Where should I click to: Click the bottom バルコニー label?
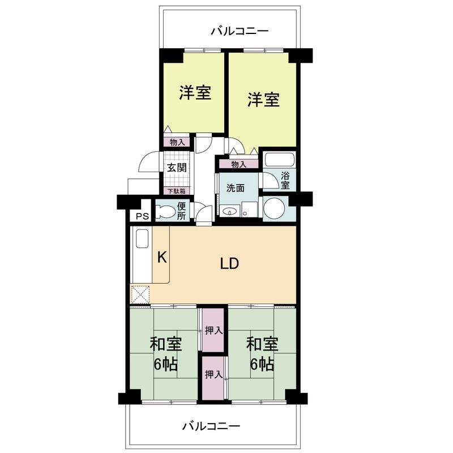pyautogui.click(x=211, y=426)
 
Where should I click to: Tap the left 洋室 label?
pyautogui.click(x=195, y=92)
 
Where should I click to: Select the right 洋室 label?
pyautogui.click(x=263, y=100)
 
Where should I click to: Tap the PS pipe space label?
pyautogui.click(x=142, y=216)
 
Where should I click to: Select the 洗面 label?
pyautogui.click(x=236, y=188)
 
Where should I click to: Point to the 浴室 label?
pyautogui.click(x=285, y=180)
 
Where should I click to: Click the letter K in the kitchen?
pyautogui.click(x=161, y=258)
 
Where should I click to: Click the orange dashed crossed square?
pyautogui.click(x=140, y=294)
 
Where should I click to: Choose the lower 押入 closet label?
pyautogui.click(x=213, y=374)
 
